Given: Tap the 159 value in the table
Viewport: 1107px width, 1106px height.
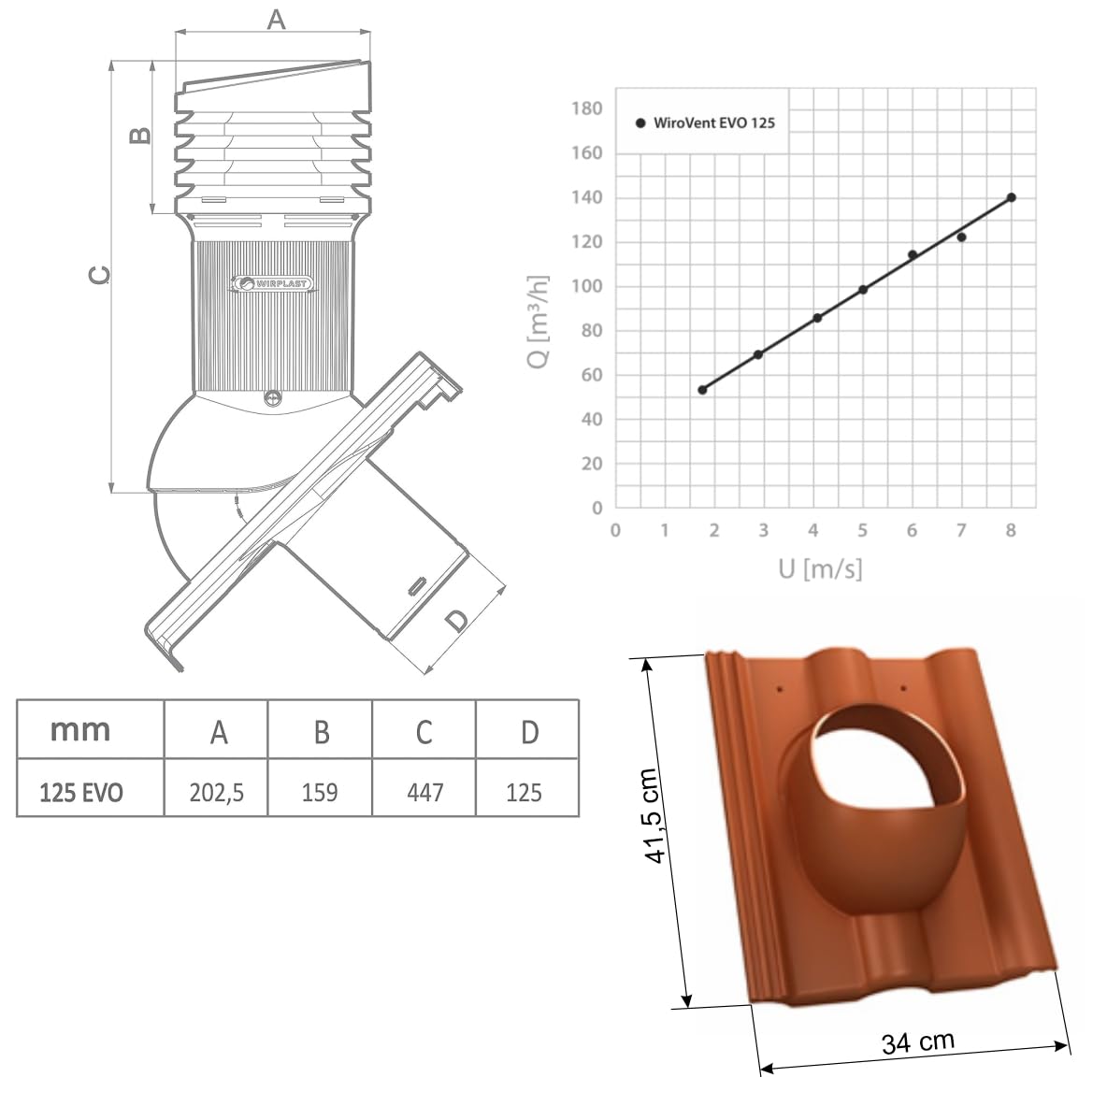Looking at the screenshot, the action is click(x=320, y=792).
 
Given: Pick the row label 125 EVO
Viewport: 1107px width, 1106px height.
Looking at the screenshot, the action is click(x=81, y=793).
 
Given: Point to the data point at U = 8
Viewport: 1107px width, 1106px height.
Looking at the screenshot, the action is click(x=1011, y=197).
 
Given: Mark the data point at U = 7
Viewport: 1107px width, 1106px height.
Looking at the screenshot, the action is click(x=961, y=237).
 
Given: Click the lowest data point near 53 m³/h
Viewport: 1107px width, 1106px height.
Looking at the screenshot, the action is click(x=702, y=390).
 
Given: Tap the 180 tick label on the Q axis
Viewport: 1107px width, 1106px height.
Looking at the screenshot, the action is click(x=586, y=108).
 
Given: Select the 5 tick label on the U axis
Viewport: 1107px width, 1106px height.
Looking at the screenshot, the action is click(x=862, y=531).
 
